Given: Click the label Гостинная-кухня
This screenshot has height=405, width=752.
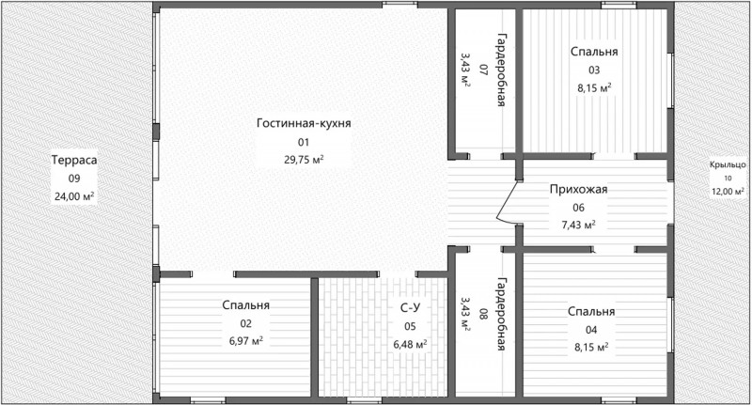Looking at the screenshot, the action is (304, 123).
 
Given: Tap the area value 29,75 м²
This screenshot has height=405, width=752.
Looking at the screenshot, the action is (304, 160).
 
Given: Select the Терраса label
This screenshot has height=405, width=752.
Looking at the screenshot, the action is (74, 160).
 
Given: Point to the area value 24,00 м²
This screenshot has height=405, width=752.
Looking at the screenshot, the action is (74, 196).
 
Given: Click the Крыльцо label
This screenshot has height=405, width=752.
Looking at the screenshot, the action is (728, 165).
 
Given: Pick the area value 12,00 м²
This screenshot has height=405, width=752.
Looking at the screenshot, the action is (728, 192).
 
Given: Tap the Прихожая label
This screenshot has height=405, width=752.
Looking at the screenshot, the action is (578, 189).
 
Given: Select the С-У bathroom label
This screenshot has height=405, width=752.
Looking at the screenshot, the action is (410, 308).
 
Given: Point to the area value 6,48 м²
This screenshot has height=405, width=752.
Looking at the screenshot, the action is (410, 345).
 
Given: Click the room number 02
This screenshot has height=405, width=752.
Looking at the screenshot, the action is (245, 323).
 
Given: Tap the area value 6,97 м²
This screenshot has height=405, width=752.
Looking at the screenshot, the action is (245, 341).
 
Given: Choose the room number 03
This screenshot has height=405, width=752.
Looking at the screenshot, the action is (594, 70).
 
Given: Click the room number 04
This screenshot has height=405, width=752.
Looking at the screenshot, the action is (591, 330).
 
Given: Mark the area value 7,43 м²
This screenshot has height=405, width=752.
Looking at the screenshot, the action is (578, 226).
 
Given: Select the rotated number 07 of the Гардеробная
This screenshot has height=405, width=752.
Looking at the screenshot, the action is (483, 70).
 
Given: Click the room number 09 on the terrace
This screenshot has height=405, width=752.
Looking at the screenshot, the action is (74, 179).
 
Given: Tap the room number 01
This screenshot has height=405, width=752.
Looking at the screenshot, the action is (304, 142).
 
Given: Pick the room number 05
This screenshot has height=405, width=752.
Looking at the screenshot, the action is (410, 327).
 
